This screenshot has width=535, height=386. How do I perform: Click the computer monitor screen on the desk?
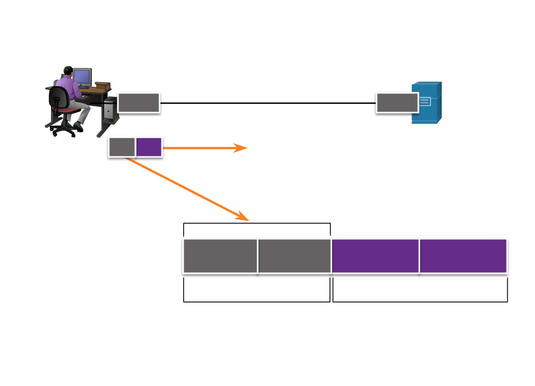point(82,77)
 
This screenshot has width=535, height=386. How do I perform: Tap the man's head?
point(67,71)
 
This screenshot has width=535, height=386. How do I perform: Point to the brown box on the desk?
point(103,86)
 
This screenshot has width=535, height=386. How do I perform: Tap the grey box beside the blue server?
point(397,103)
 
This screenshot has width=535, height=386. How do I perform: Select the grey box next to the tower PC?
point(139,103)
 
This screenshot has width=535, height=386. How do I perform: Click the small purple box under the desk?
point(149,147)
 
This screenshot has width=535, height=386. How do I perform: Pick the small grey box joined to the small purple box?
point(122,147)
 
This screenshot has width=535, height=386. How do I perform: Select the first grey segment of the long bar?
point(220,256)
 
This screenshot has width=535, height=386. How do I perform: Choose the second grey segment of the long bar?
point(295,256)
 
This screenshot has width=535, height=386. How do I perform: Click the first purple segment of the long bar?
point(375,256)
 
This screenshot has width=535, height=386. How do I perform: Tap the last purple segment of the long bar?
point(463,256)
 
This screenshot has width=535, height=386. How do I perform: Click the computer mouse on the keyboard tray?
point(85,97)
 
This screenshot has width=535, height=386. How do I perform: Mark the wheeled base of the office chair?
point(64,129)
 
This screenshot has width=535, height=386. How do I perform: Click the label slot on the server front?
point(425,102)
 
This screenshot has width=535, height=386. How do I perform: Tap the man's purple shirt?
point(69,88)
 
